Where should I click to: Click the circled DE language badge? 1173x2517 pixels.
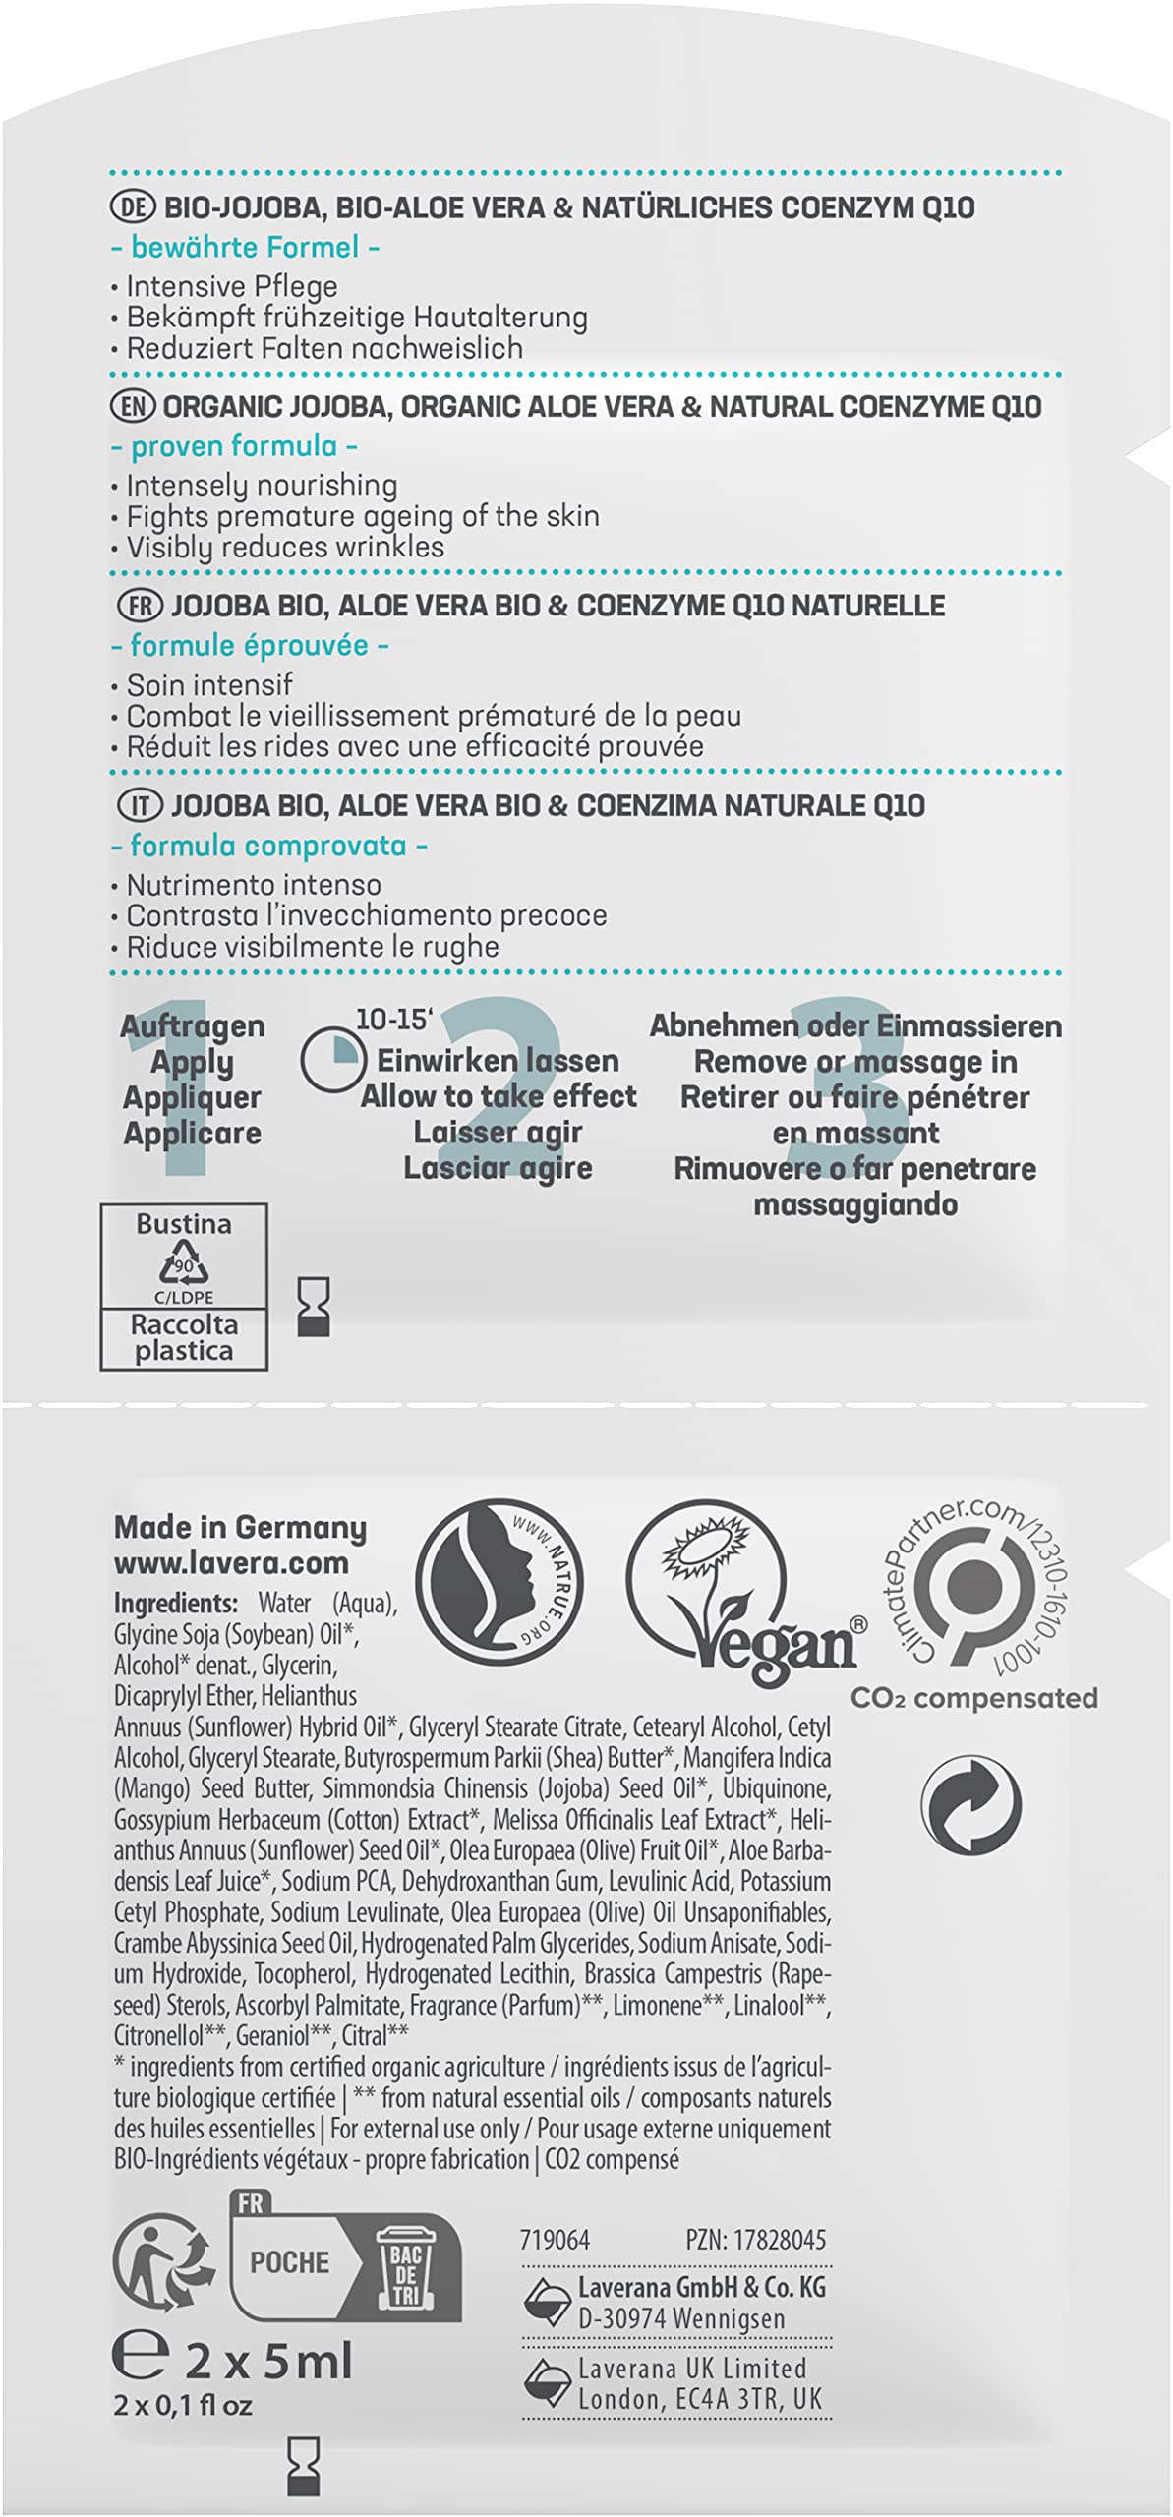(134, 207)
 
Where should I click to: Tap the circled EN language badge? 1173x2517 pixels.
(133, 406)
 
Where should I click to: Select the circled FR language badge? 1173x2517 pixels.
(140, 606)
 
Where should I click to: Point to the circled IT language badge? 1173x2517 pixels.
(140, 806)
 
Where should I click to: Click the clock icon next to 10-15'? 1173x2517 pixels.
(330, 1062)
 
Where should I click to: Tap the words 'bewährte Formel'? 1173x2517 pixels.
(245, 248)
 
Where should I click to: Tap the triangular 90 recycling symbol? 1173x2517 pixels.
(184, 1264)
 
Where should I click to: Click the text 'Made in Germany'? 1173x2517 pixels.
(240, 1527)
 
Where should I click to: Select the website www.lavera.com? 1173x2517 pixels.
(231, 1562)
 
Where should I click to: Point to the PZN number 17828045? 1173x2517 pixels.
(755, 2240)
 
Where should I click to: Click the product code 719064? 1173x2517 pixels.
(555, 2240)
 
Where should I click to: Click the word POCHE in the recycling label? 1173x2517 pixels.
(289, 2262)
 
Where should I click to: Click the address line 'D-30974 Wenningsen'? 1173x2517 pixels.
(680, 2318)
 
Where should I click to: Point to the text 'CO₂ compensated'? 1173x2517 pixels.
(973, 1698)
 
